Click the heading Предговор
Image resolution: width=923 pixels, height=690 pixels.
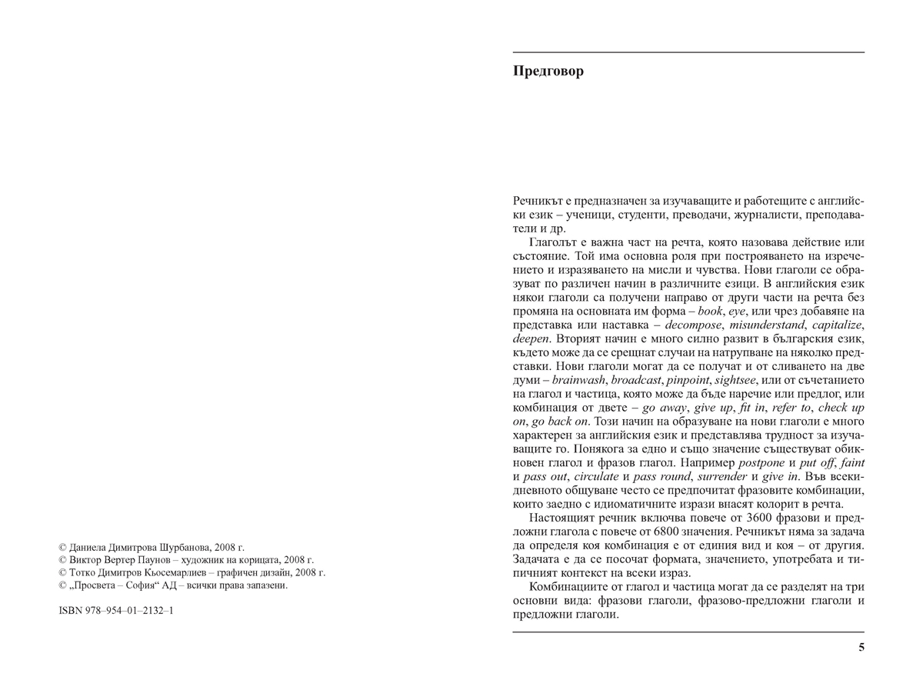(548, 72)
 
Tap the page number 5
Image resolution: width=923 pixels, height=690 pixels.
(861, 647)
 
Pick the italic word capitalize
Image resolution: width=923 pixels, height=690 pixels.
(835, 325)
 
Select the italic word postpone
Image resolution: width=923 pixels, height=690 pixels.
(761, 463)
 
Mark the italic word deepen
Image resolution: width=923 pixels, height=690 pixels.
(531, 339)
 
